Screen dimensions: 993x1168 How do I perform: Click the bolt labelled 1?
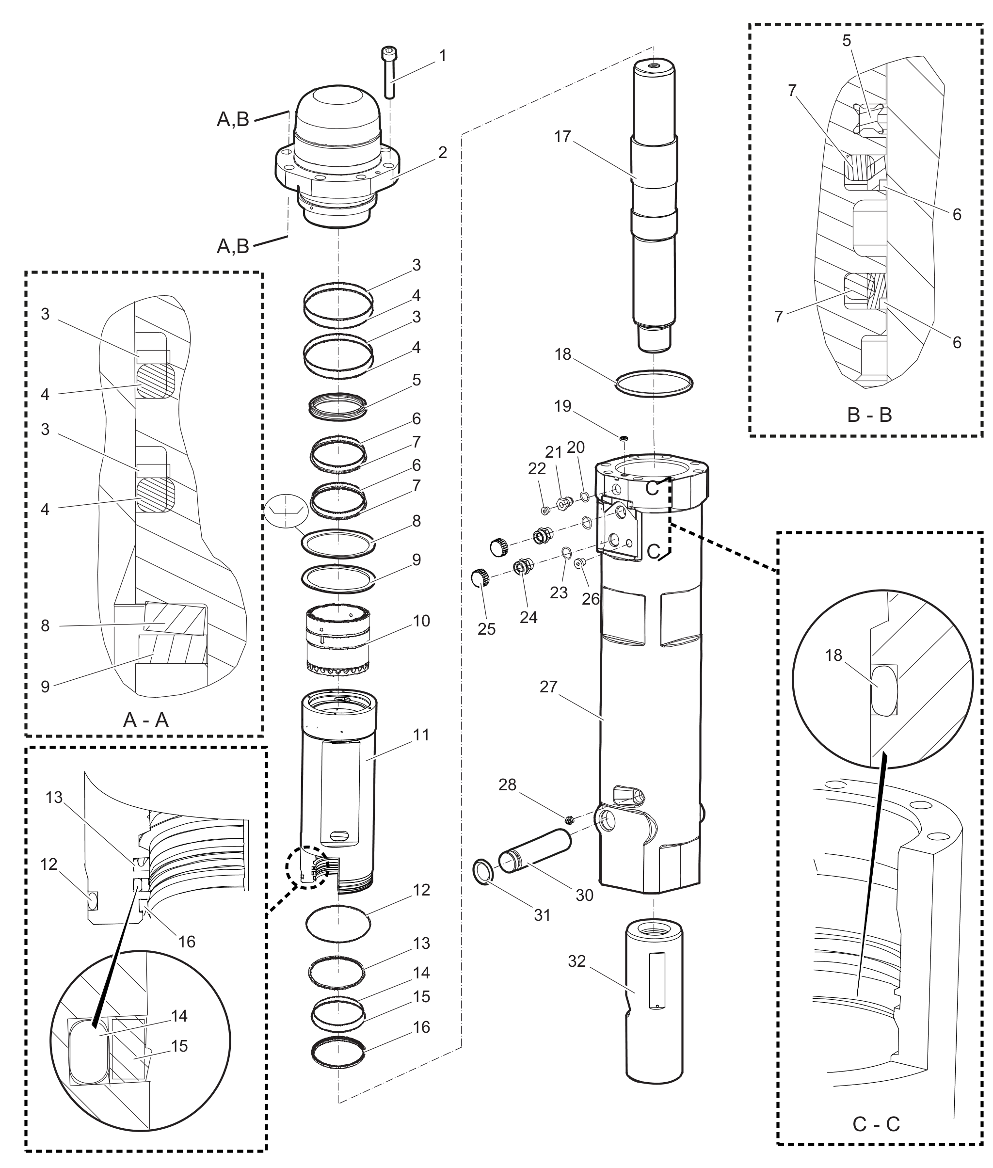[389, 72]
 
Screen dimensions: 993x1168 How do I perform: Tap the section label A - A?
[146, 720]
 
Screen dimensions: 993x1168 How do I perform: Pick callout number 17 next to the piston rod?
[562, 137]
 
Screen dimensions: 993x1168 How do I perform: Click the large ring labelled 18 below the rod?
[654, 384]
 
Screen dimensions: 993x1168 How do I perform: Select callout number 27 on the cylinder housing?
[548, 687]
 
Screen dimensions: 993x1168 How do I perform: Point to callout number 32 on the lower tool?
[577, 961]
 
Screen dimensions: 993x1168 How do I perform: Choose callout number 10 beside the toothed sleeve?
[422, 621]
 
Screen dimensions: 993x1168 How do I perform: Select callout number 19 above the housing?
[562, 406]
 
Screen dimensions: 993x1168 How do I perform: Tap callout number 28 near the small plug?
[507, 784]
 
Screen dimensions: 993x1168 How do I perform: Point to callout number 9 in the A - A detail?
[45, 686]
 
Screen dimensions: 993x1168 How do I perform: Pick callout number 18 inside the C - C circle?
[833, 655]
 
